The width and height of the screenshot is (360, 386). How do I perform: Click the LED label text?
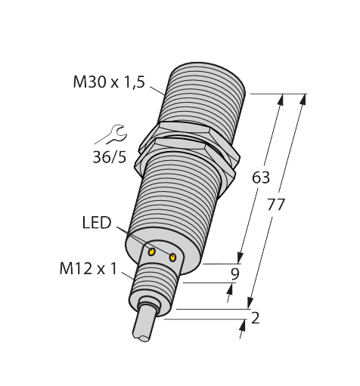pos(96,223)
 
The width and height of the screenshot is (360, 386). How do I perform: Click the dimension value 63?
pos(260,178)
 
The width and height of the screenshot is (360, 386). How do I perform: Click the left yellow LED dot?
pos(151,250)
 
